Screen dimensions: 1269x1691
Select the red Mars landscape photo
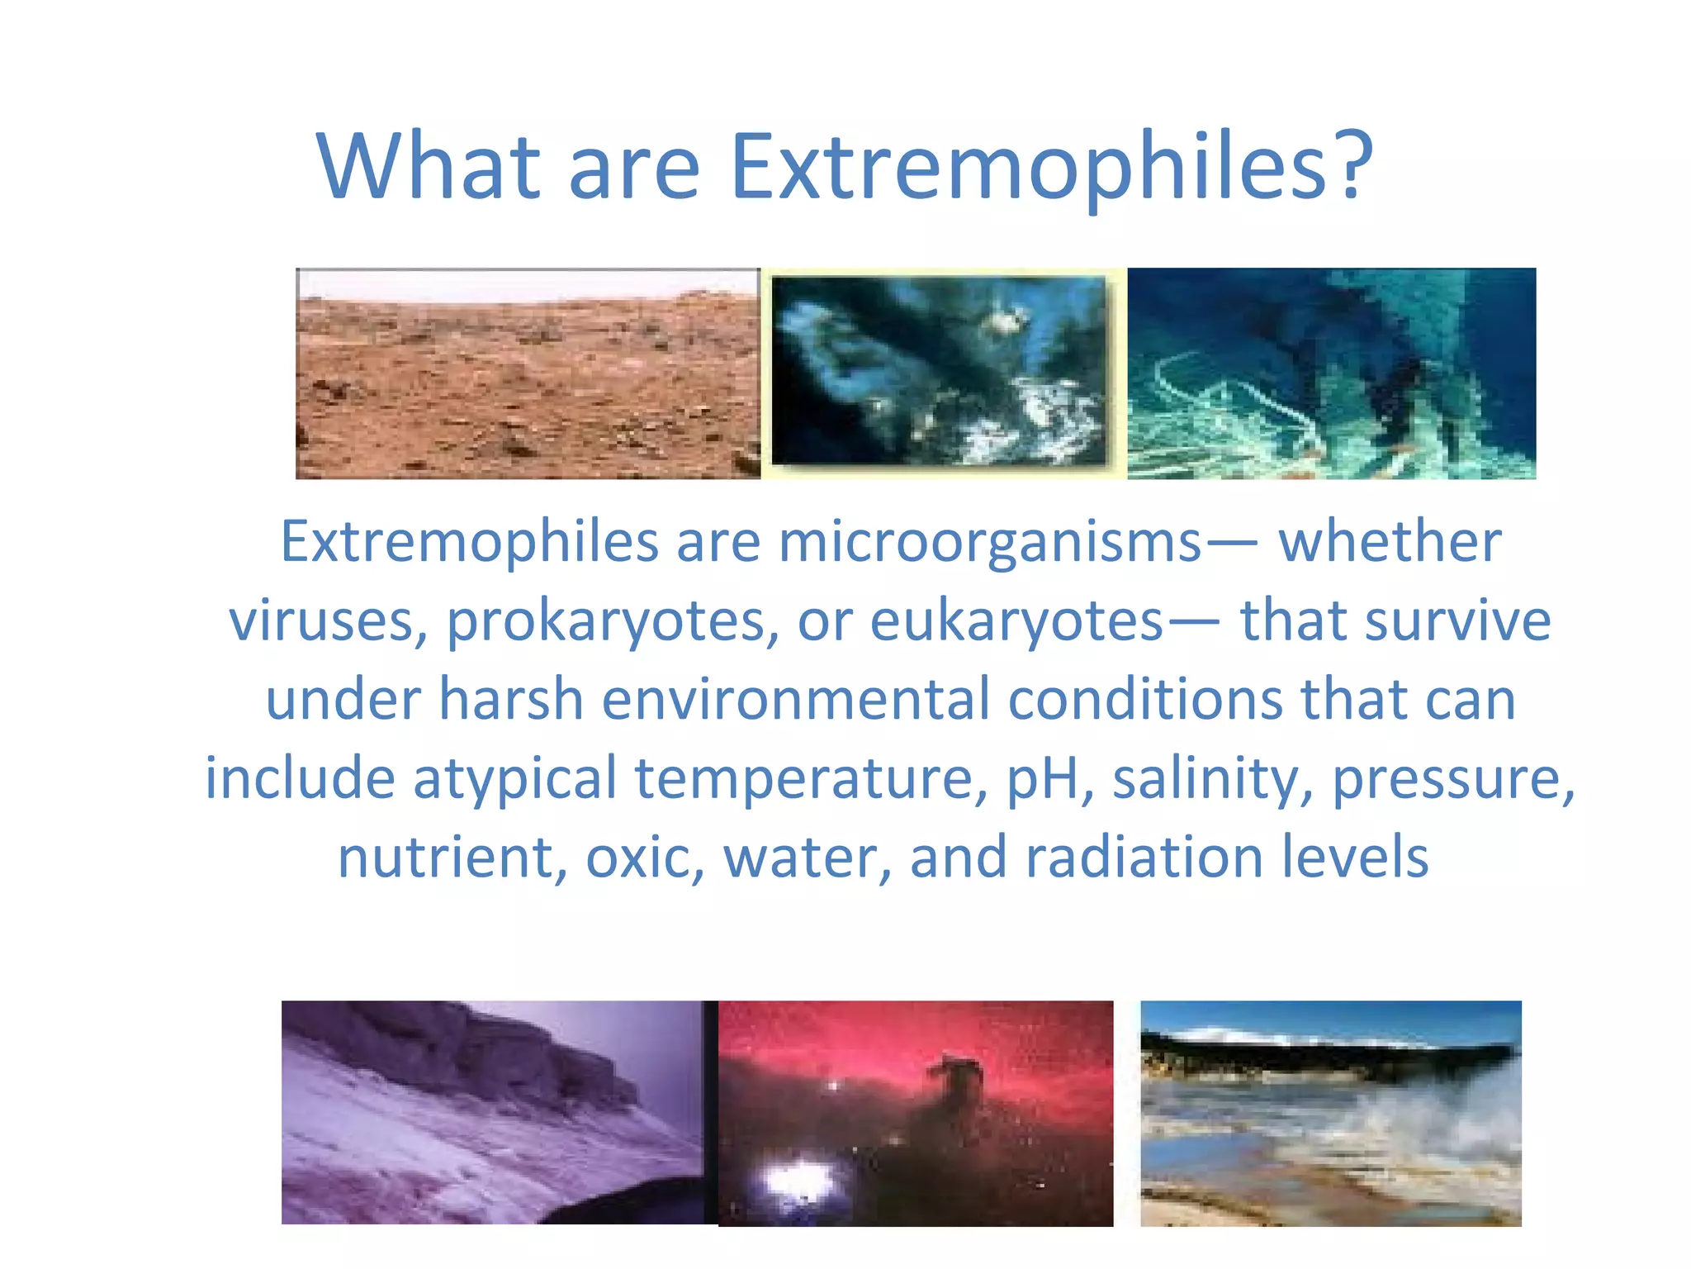point(528,374)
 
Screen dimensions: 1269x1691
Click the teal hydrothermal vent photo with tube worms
point(1331,374)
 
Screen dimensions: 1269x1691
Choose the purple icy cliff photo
point(493,1112)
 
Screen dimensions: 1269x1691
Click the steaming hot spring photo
point(1330,1113)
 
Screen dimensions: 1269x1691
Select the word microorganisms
point(989,544)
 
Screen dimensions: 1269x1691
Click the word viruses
point(328,621)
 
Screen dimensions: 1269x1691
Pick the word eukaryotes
point(1016,621)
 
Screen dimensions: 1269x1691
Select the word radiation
point(1144,858)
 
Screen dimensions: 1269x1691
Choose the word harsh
point(510,700)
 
